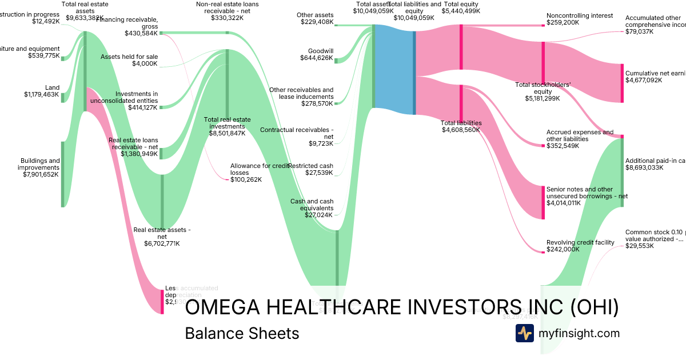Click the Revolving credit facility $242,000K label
(x=580, y=246)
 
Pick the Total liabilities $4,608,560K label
(x=461, y=126)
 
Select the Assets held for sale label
(x=129, y=60)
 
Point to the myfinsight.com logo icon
(x=524, y=333)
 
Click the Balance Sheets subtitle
(x=242, y=333)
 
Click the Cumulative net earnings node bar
(x=622, y=83)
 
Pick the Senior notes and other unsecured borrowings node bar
(x=543, y=202)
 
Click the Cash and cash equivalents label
(x=312, y=205)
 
